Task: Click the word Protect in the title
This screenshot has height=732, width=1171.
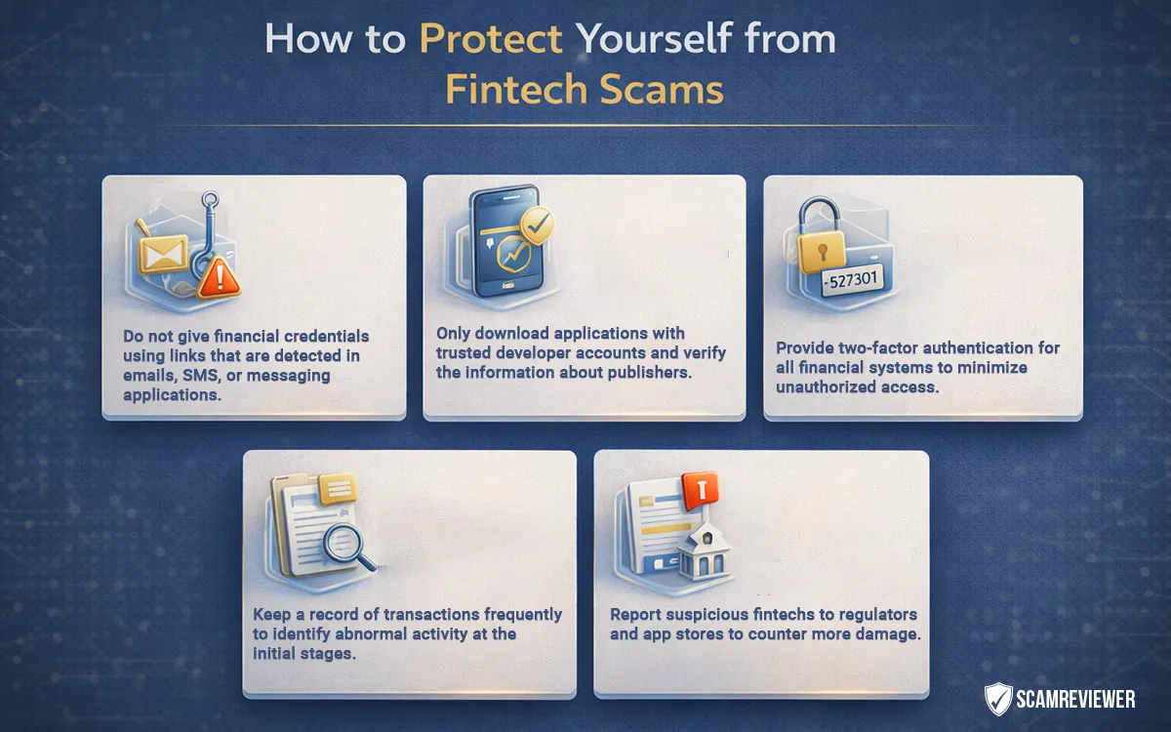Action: pyautogui.click(x=491, y=40)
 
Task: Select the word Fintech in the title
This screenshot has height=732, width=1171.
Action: pyautogui.click(x=518, y=90)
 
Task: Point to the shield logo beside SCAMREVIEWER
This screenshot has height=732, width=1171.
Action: pyautogui.click(x=997, y=699)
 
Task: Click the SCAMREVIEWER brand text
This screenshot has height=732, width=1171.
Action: pyautogui.click(x=1077, y=699)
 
